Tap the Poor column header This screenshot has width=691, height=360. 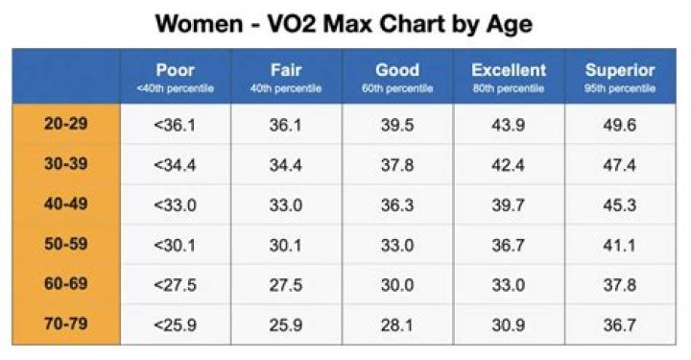point(175,70)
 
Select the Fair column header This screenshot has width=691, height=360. point(286,70)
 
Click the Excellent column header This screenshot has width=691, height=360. point(509,70)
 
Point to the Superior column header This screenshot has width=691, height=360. point(620,70)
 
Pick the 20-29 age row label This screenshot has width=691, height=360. point(66,124)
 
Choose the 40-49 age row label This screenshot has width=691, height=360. point(66,204)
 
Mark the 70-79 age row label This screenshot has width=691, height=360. point(66,324)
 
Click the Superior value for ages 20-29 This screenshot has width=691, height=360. point(620,125)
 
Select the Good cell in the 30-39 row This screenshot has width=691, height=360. point(397,165)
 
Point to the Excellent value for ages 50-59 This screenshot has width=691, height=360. point(509,245)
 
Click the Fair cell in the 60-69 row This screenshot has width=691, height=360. point(286,285)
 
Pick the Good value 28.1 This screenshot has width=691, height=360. point(397,324)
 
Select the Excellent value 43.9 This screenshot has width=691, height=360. point(509,125)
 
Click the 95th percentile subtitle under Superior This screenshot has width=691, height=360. point(620,89)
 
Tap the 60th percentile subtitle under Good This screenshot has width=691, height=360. point(397,89)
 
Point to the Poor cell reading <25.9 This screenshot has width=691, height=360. point(175,324)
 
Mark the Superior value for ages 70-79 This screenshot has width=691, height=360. point(620,324)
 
